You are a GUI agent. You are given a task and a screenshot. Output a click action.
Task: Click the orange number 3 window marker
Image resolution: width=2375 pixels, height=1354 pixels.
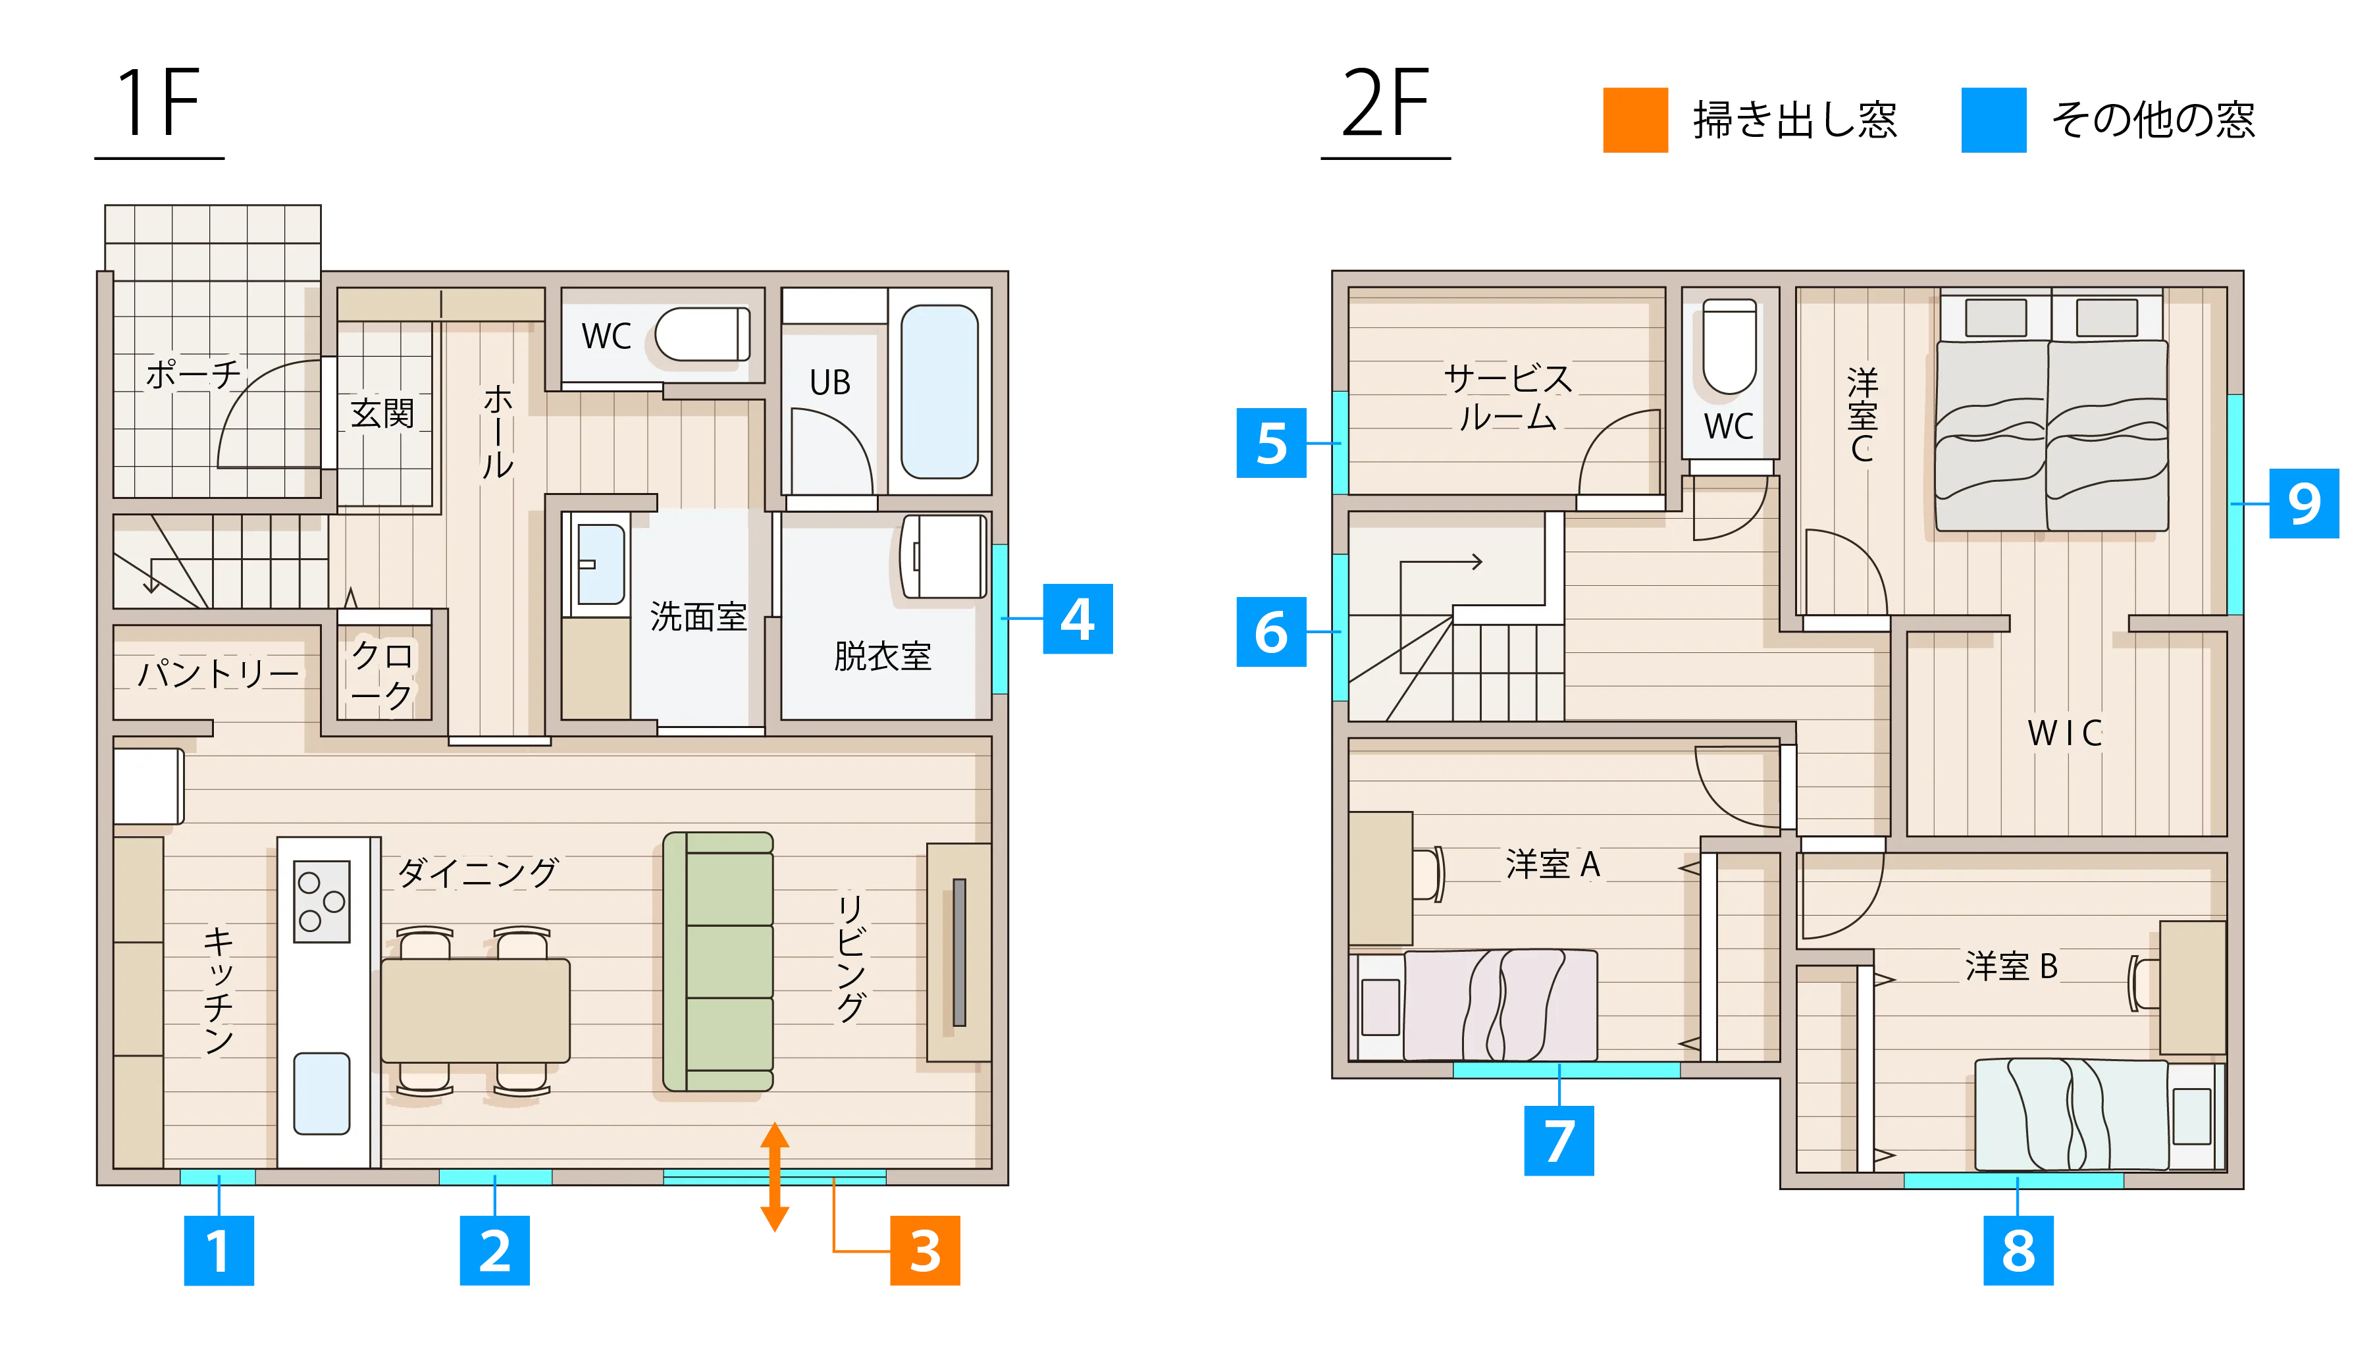point(924,1250)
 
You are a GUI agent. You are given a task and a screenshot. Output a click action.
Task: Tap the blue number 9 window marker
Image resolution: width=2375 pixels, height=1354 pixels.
point(2303,503)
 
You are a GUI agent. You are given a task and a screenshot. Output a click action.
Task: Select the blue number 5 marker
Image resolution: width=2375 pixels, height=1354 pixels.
point(1271,442)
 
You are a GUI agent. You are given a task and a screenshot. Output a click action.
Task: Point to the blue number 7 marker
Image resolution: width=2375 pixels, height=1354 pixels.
point(1559,1140)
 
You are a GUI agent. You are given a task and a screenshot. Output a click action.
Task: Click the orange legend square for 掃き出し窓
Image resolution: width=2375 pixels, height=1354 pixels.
point(1635,120)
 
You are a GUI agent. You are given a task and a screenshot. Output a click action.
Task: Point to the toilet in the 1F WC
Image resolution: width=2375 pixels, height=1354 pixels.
point(703,334)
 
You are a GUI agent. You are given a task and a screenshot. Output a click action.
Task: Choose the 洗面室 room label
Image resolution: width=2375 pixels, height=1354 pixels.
point(698,617)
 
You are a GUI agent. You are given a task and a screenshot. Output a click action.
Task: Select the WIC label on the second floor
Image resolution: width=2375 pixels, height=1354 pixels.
point(2064,733)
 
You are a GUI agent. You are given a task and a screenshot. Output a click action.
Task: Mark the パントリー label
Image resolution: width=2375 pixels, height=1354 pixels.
point(219,672)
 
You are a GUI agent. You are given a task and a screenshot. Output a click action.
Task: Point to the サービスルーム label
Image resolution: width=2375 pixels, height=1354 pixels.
point(1507,397)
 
